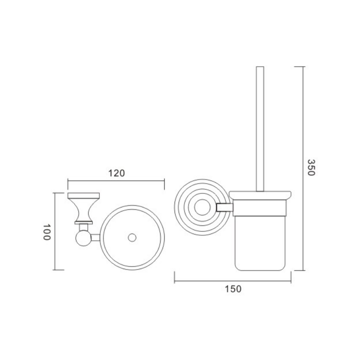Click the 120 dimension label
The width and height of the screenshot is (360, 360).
117,173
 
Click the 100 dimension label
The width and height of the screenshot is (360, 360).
47,232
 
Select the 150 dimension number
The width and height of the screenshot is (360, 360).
233,289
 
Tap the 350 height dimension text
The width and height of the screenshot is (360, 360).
311,167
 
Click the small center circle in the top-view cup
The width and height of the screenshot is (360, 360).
132,238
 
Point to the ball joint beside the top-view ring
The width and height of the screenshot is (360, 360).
84,238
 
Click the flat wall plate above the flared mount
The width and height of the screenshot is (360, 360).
84,195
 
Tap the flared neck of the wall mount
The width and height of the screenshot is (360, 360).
84,210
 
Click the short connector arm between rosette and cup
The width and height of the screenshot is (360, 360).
225,207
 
